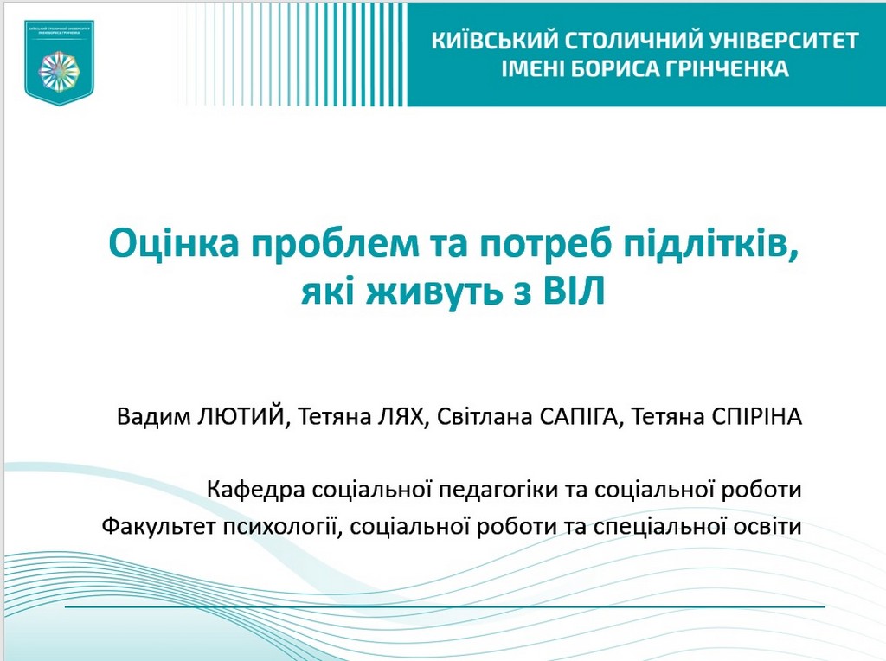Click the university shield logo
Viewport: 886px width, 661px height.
click(x=59, y=63)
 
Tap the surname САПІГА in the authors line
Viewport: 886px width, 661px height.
click(x=576, y=418)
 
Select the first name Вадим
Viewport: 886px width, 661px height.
click(x=151, y=418)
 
